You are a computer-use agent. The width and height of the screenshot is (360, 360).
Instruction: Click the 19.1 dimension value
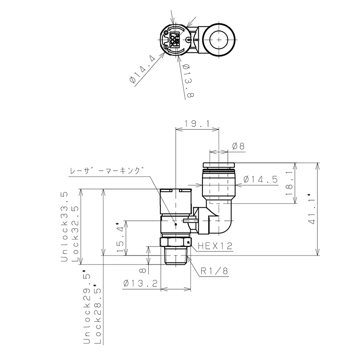[x=197, y=124]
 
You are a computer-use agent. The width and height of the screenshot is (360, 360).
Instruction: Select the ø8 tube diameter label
[x=239, y=147]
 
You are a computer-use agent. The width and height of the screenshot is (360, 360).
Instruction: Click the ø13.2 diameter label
[x=141, y=284]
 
